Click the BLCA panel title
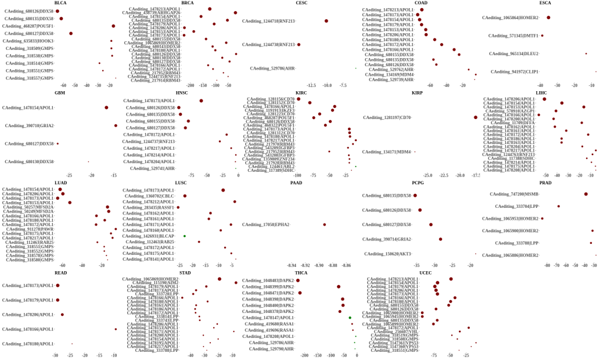click(x=60, y=3)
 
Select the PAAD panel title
click(x=296, y=183)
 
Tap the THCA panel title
click(x=301, y=273)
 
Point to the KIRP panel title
click(x=417, y=93)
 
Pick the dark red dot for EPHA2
click(x=325, y=225)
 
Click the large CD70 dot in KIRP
click(x=476, y=118)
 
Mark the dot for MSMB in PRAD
click(x=585, y=194)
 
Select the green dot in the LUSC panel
click(x=184, y=236)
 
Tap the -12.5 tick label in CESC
click(x=311, y=85)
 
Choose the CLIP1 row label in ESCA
click(x=515, y=72)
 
